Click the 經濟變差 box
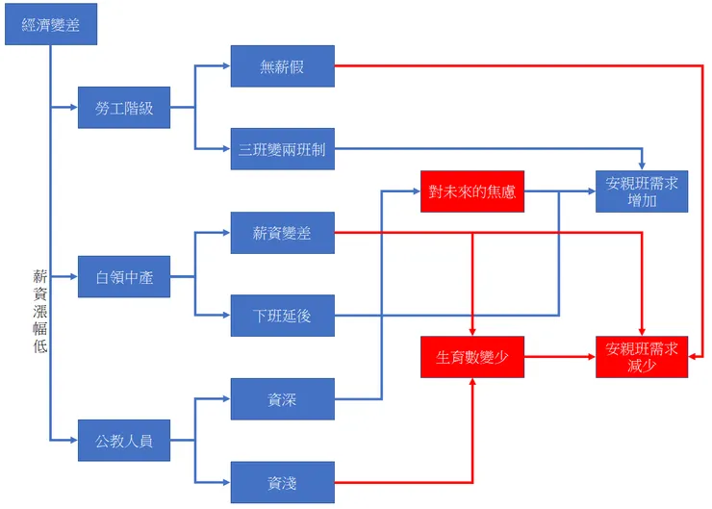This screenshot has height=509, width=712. pos(51,24)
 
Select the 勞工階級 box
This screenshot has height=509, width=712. pos(124,109)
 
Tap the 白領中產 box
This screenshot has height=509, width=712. pos(124,277)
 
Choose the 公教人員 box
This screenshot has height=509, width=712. pos(124,441)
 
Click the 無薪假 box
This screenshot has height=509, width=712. pos(282,66)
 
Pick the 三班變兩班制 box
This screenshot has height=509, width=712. pos(282,149)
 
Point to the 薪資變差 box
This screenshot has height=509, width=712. pos(282,233)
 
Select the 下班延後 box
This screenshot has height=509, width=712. pos(282,316)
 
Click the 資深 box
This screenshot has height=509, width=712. pos(282,399)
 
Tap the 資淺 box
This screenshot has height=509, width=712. pos(282,482)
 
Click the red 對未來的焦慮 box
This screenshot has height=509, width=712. pos(472,191)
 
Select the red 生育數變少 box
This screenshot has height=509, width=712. pos(472,357)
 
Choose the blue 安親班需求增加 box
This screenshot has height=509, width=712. pos(642,191)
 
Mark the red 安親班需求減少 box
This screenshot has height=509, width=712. pos(642,357)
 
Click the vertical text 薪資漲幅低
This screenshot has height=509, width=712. pos(39,311)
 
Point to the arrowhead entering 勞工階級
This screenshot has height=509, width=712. pos(73,109)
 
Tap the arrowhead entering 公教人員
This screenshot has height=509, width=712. pos(73,441)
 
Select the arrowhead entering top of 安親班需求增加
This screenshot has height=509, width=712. pos(642,166)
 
